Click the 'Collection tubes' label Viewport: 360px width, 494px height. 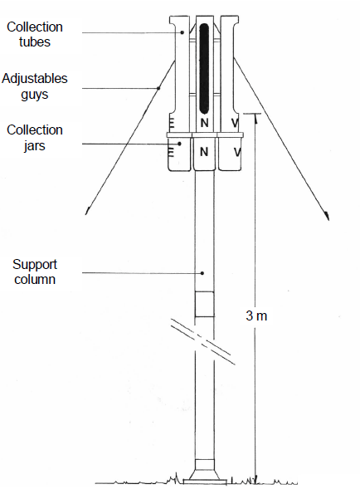(x=35, y=34)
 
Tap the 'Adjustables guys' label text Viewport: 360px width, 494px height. (x=35, y=86)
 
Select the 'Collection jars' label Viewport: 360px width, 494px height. (x=35, y=138)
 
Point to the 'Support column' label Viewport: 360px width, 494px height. (x=35, y=271)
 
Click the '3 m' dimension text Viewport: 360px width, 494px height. (x=256, y=315)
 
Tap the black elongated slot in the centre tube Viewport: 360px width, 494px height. (x=204, y=69)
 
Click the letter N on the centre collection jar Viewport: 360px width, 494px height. (x=204, y=152)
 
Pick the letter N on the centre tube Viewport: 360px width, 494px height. (x=204, y=123)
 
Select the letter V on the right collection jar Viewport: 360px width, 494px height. (x=237, y=153)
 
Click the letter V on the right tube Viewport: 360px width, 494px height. (x=235, y=123)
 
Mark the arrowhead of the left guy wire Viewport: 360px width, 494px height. (x=87, y=212)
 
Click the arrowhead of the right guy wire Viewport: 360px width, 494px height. (x=328, y=217)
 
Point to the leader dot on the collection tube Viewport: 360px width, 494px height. (x=182, y=32)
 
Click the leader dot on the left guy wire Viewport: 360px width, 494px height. (x=158, y=88)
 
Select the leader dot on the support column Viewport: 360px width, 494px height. (x=202, y=273)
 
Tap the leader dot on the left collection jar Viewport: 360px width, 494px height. (x=180, y=144)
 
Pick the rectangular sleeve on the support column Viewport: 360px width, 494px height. (x=205, y=304)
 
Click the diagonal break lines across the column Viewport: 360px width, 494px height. (x=203, y=341)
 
